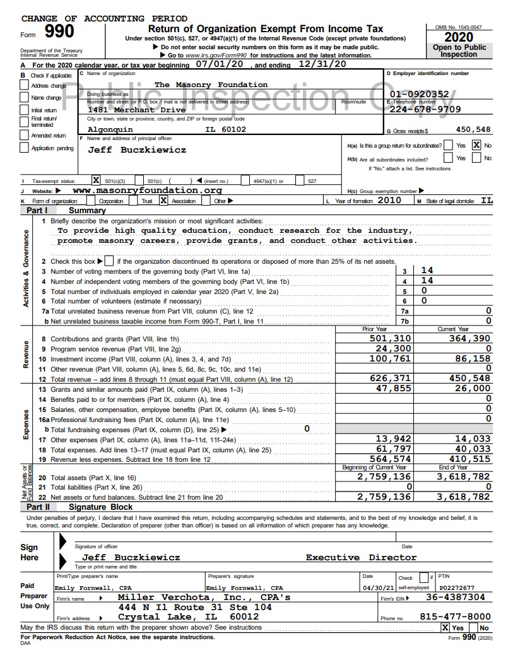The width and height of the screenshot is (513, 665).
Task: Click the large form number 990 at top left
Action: (58, 32)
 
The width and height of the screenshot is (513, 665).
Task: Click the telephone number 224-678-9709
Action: (424, 109)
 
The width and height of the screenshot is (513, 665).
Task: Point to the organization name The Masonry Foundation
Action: (211, 85)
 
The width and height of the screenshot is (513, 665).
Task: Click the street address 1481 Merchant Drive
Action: (136, 110)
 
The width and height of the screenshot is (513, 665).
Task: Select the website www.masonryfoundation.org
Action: (147, 190)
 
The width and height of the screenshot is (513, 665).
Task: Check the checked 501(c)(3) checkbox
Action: (97, 180)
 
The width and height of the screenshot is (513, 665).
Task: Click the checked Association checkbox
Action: (163, 201)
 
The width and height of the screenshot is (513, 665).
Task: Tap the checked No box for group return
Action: (477, 145)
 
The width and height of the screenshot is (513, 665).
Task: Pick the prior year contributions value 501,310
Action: (391, 339)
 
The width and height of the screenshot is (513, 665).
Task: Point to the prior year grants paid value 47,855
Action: (394, 389)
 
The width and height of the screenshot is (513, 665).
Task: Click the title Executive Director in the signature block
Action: (361, 557)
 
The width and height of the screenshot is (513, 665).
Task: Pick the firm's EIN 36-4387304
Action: (456, 597)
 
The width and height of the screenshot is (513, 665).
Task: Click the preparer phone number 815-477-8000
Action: (455, 616)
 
